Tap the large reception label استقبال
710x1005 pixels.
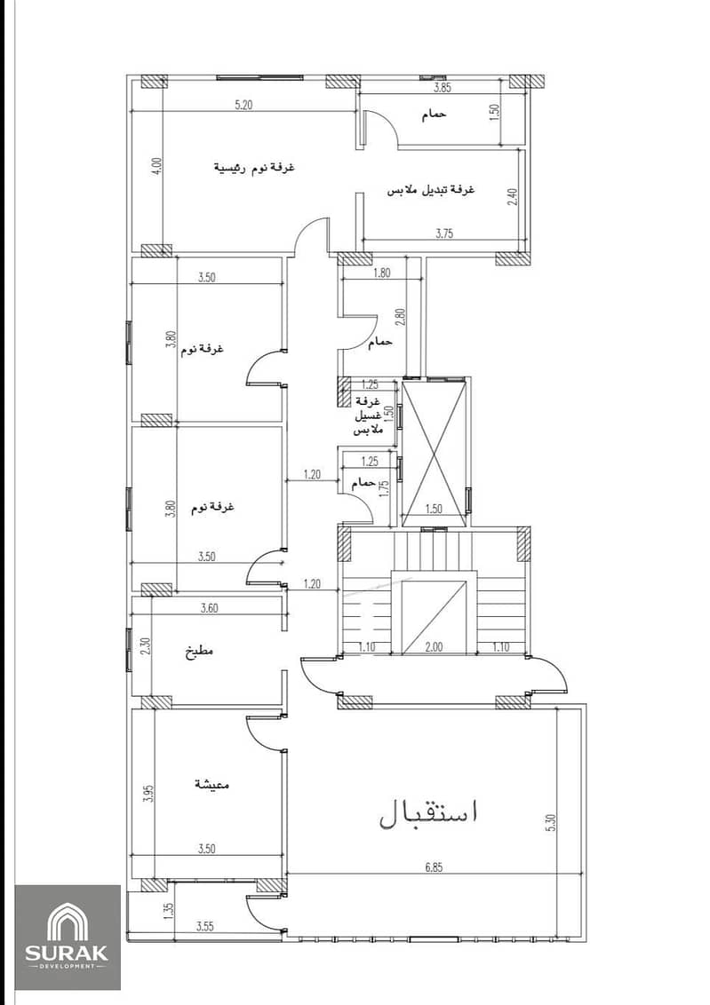pos(429,812)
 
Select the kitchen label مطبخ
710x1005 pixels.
pos(199,653)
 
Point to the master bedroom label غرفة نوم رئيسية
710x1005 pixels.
pos(254,168)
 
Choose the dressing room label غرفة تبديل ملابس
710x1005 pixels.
pos(430,190)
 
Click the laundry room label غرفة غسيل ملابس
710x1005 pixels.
pos(368,415)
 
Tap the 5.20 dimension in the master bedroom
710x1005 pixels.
pos(243,105)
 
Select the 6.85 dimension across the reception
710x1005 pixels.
pos(435,867)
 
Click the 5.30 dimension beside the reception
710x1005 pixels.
pos(552,822)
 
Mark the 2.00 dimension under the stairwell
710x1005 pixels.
pos(435,646)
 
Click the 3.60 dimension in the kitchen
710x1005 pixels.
pos(209,607)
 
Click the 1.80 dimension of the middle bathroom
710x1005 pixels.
pos(381,273)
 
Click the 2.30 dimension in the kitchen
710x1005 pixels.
pos(145,645)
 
